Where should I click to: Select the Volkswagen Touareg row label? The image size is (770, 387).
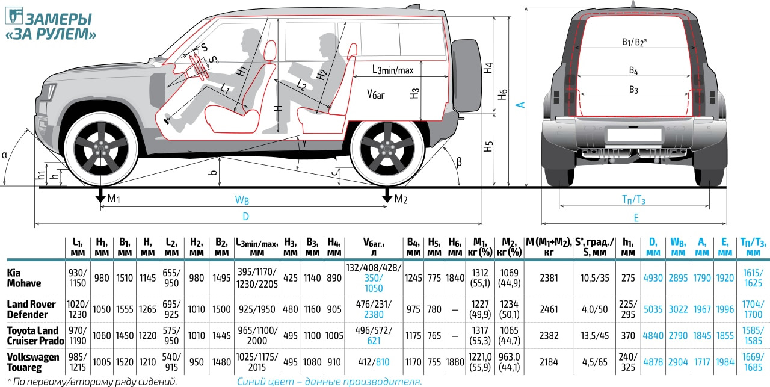coord(32,362)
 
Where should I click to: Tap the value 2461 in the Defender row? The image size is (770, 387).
coord(549,309)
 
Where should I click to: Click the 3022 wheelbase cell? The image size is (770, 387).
coord(678,309)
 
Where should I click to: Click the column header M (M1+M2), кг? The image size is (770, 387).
coord(549,246)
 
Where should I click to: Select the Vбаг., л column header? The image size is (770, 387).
coord(374,246)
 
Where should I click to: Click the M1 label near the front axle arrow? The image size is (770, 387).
coord(115,199)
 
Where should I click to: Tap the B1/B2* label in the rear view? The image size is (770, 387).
coord(634,42)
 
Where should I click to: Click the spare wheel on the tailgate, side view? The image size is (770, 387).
coord(467,77)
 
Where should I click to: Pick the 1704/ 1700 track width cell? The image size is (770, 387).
coord(752,309)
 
